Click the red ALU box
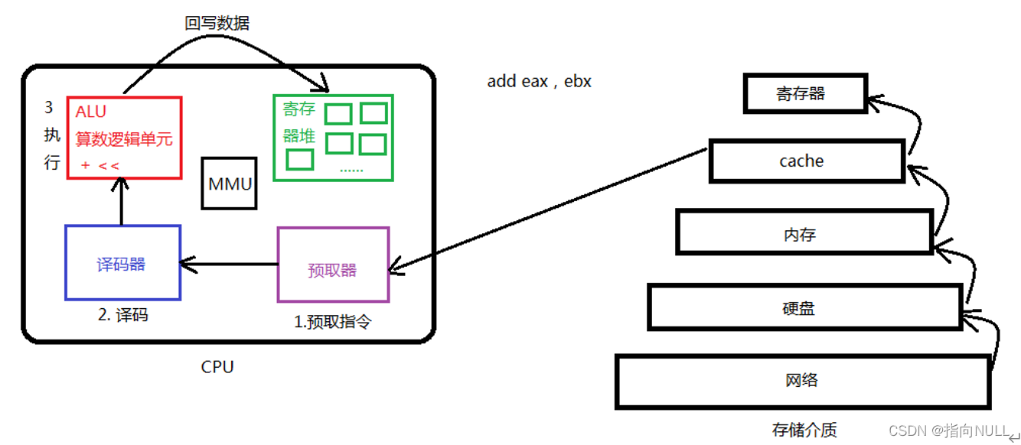(124, 138)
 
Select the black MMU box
(229, 184)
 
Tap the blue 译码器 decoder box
(122, 263)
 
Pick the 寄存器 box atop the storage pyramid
(804, 93)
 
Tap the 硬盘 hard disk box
(803, 307)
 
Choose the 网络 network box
(801, 380)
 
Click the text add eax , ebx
(539, 81)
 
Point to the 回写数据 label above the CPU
(217, 24)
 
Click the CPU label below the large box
(217, 367)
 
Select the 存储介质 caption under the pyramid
(804, 430)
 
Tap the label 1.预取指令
(332, 322)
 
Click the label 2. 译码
(122, 315)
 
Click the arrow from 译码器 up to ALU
(121, 203)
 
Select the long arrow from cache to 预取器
(547, 209)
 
